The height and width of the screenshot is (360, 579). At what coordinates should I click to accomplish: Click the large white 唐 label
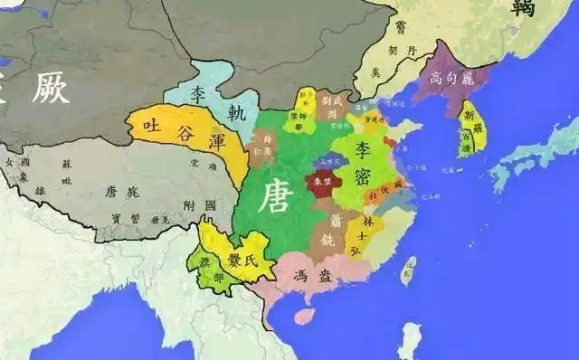pyautogui.click(x=278, y=195)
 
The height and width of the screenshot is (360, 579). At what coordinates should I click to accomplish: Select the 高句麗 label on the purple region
pyautogui.click(x=449, y=77)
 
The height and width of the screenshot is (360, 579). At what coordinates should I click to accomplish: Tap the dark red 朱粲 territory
pyautogui.click(x=322, y=181)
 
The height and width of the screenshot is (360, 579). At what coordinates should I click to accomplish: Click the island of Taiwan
pyautogui.click(x=409, y=269)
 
